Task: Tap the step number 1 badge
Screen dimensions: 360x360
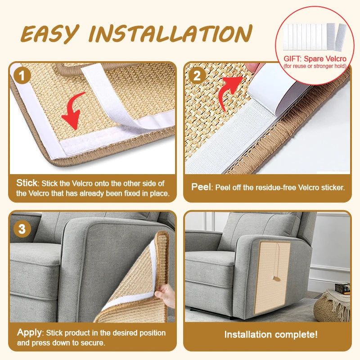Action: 22,75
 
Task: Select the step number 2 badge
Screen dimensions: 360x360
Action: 197,75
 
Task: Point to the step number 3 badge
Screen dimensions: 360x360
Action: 22,229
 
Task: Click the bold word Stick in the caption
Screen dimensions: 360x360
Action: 27,183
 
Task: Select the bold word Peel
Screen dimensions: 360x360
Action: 201,187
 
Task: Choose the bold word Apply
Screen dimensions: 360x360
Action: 29,333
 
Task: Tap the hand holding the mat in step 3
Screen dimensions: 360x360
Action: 165,296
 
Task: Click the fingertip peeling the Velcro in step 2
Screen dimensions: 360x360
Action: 252,67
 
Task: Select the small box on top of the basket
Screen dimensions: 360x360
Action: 342,288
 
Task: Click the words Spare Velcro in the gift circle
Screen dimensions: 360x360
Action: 325,59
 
